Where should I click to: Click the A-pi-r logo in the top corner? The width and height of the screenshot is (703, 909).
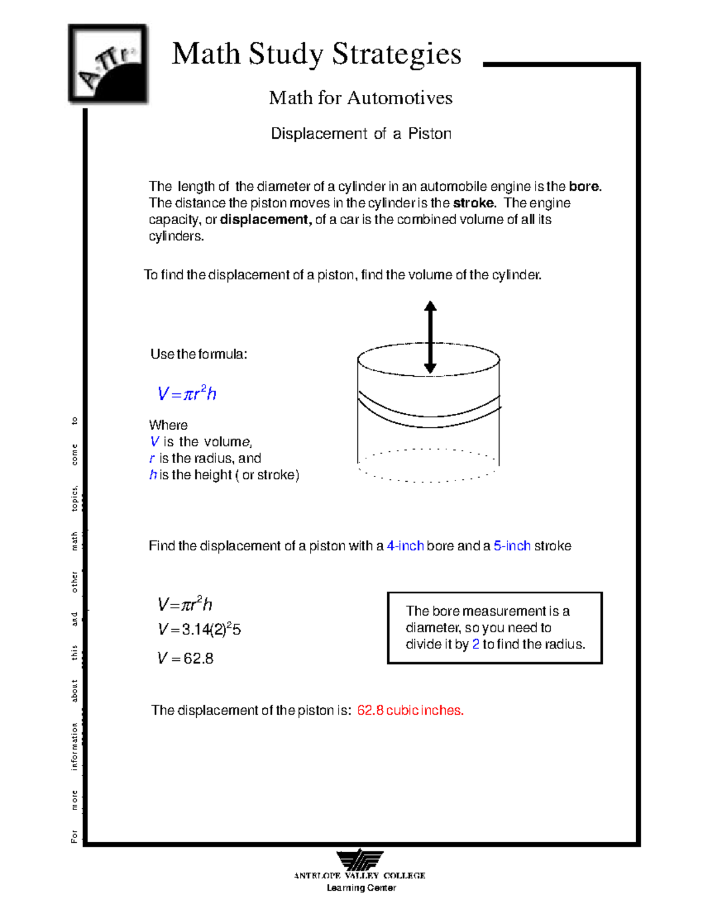click(x=108, y=64)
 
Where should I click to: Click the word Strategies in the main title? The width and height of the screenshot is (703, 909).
click(x=397, y=54)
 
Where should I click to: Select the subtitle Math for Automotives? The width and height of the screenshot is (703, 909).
click(x=360, y=98)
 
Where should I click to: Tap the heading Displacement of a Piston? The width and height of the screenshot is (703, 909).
click(x=361, y=134)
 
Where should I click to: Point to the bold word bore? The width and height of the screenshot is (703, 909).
click(x=585, y=187)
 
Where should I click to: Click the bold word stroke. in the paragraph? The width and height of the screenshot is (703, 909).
click(x=475, y=203)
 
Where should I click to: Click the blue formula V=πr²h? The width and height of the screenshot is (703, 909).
click(x=187, y=393)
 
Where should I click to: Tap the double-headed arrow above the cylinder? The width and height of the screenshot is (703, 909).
click(x=430, y=337)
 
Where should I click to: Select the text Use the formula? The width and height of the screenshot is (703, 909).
click(x=199, y=354)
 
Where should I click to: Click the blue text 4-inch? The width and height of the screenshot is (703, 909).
click(x=405, y=546)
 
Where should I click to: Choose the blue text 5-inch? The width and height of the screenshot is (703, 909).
click(x=512, y=546)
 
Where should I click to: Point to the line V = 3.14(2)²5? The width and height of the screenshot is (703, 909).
click(x=199, y=629)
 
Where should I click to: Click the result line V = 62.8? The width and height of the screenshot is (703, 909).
click(x=185, y=658)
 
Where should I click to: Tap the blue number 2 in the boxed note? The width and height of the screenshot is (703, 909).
click(x=476, y=644)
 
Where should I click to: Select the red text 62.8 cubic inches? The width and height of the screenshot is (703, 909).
click(x=410, y=711)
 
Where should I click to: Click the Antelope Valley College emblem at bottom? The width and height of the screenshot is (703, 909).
click(x=360, y=860)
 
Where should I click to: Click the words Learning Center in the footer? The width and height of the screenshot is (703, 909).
click(x=361, y=888)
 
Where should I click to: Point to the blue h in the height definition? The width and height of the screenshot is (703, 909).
click(x=153, y=475)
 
